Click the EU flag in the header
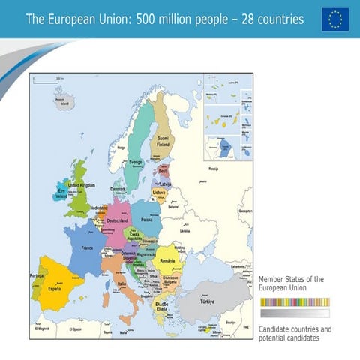click(335, 19)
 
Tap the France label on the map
click(87, 247)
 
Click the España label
click(54, 288)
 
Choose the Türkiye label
click(207, 301)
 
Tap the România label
click(168, 260)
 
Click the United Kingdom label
click(82, 184)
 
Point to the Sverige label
click(136, 161)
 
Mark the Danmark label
click(119, 189)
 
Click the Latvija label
click(166, 184)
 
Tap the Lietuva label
click(160, 193)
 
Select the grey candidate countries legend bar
click(294, 313)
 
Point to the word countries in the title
click(277, 19)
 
